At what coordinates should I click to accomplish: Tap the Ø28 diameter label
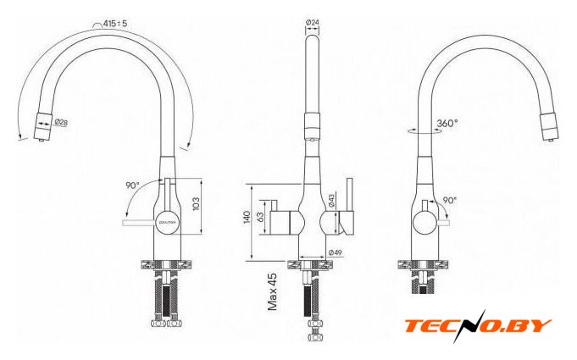point(61,122)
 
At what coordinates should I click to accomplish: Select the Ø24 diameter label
point(313,23)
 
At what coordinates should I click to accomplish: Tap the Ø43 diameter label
point(332,201)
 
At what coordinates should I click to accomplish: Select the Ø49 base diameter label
point(335,252)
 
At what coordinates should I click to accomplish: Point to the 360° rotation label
point(447,124)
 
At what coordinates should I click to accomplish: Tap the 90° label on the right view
point(448,201)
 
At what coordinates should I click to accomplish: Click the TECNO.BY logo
point(477,325)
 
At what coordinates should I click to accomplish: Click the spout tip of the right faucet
point(549,136)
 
